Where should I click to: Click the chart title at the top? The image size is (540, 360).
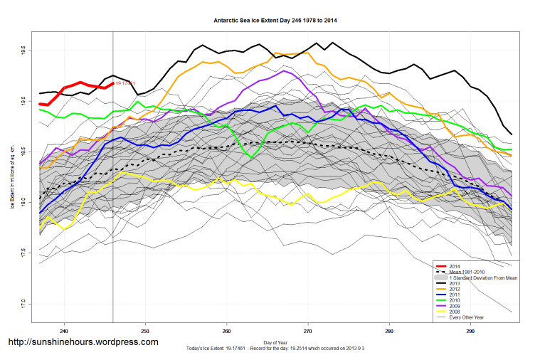[275, 20]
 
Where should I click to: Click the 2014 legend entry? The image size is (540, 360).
[456, 265]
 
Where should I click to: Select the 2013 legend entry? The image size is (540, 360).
[456, 284]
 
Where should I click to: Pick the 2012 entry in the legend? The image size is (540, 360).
[456, 290]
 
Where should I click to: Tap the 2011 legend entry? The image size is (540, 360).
[456, 295]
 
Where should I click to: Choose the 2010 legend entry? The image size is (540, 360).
[456, 301]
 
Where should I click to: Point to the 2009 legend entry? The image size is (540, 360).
[456, 307]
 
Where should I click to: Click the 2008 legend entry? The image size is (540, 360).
[456, 312]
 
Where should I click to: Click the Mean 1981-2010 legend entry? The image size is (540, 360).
[470, 271]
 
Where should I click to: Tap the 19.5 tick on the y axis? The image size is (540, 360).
[23, 51]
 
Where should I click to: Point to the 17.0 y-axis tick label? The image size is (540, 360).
[23, 303]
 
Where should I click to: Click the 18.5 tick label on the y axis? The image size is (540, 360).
[23, 152]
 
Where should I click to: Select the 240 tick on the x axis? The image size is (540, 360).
[64, 331]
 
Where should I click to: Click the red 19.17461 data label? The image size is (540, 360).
[125, 83]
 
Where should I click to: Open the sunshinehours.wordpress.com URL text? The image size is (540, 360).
[83, 342]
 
